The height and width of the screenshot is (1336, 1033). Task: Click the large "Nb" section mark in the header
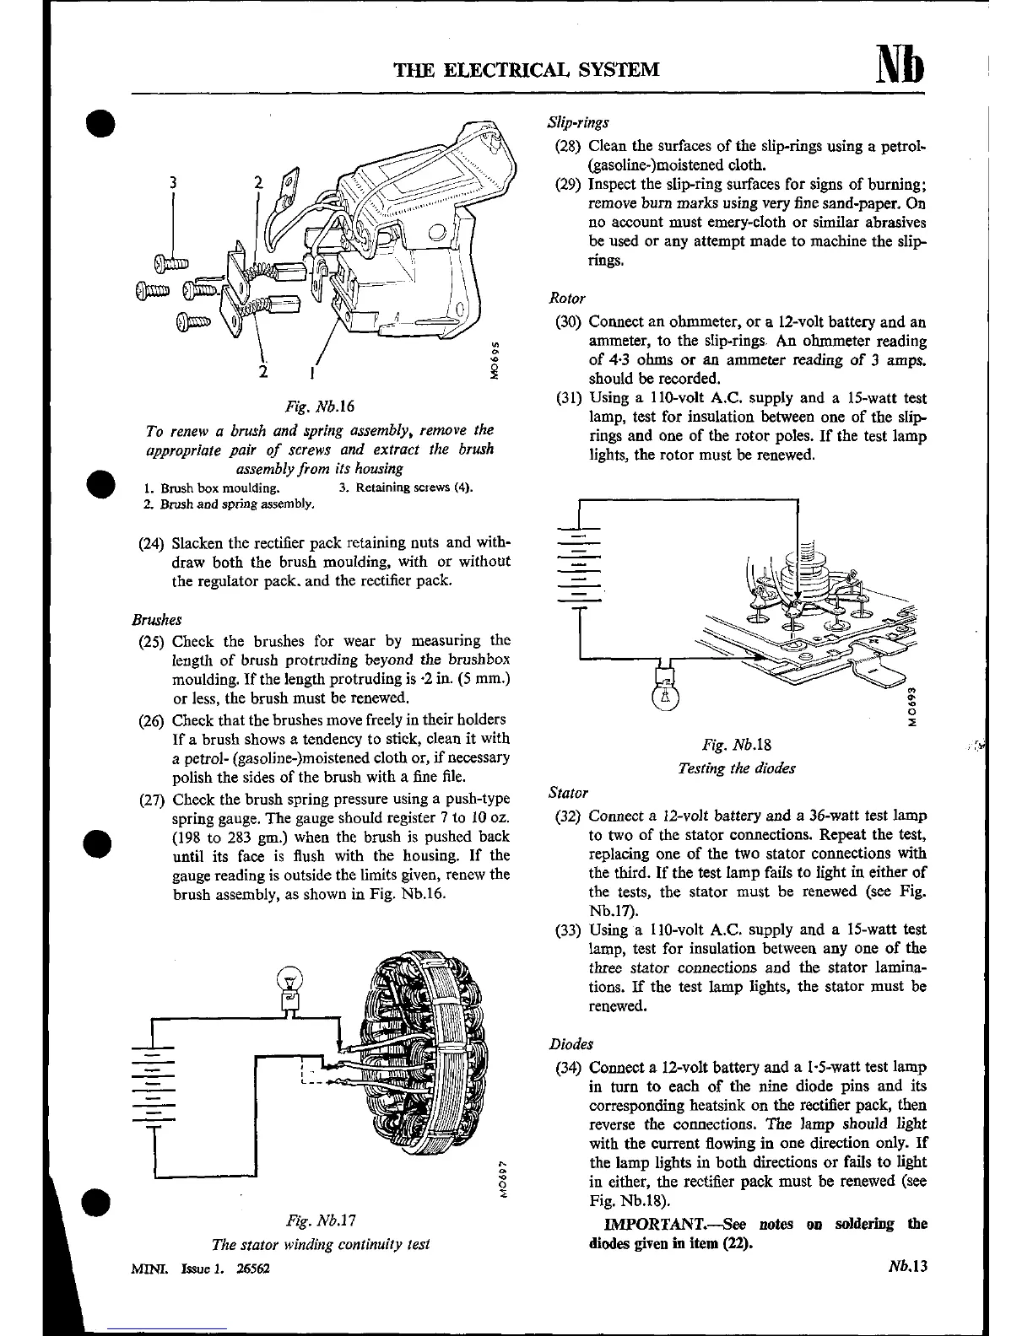[x=900, y=64]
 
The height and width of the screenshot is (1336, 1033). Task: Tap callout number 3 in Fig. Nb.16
[x=173, y=182]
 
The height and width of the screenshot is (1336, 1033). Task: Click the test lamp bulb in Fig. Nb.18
[x=665, y=694]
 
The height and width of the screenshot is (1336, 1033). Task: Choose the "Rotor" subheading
[x=567, y=299]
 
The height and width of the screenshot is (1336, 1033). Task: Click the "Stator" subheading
[x=568, y=793]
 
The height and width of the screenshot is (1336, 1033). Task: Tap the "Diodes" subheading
[x=571, y=1044]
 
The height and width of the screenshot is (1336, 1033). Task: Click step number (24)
[x=152, y=542]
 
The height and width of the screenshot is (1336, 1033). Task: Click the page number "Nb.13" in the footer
[x=907, y=1267]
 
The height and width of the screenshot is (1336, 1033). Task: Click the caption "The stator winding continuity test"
[x=321, y=1244]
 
